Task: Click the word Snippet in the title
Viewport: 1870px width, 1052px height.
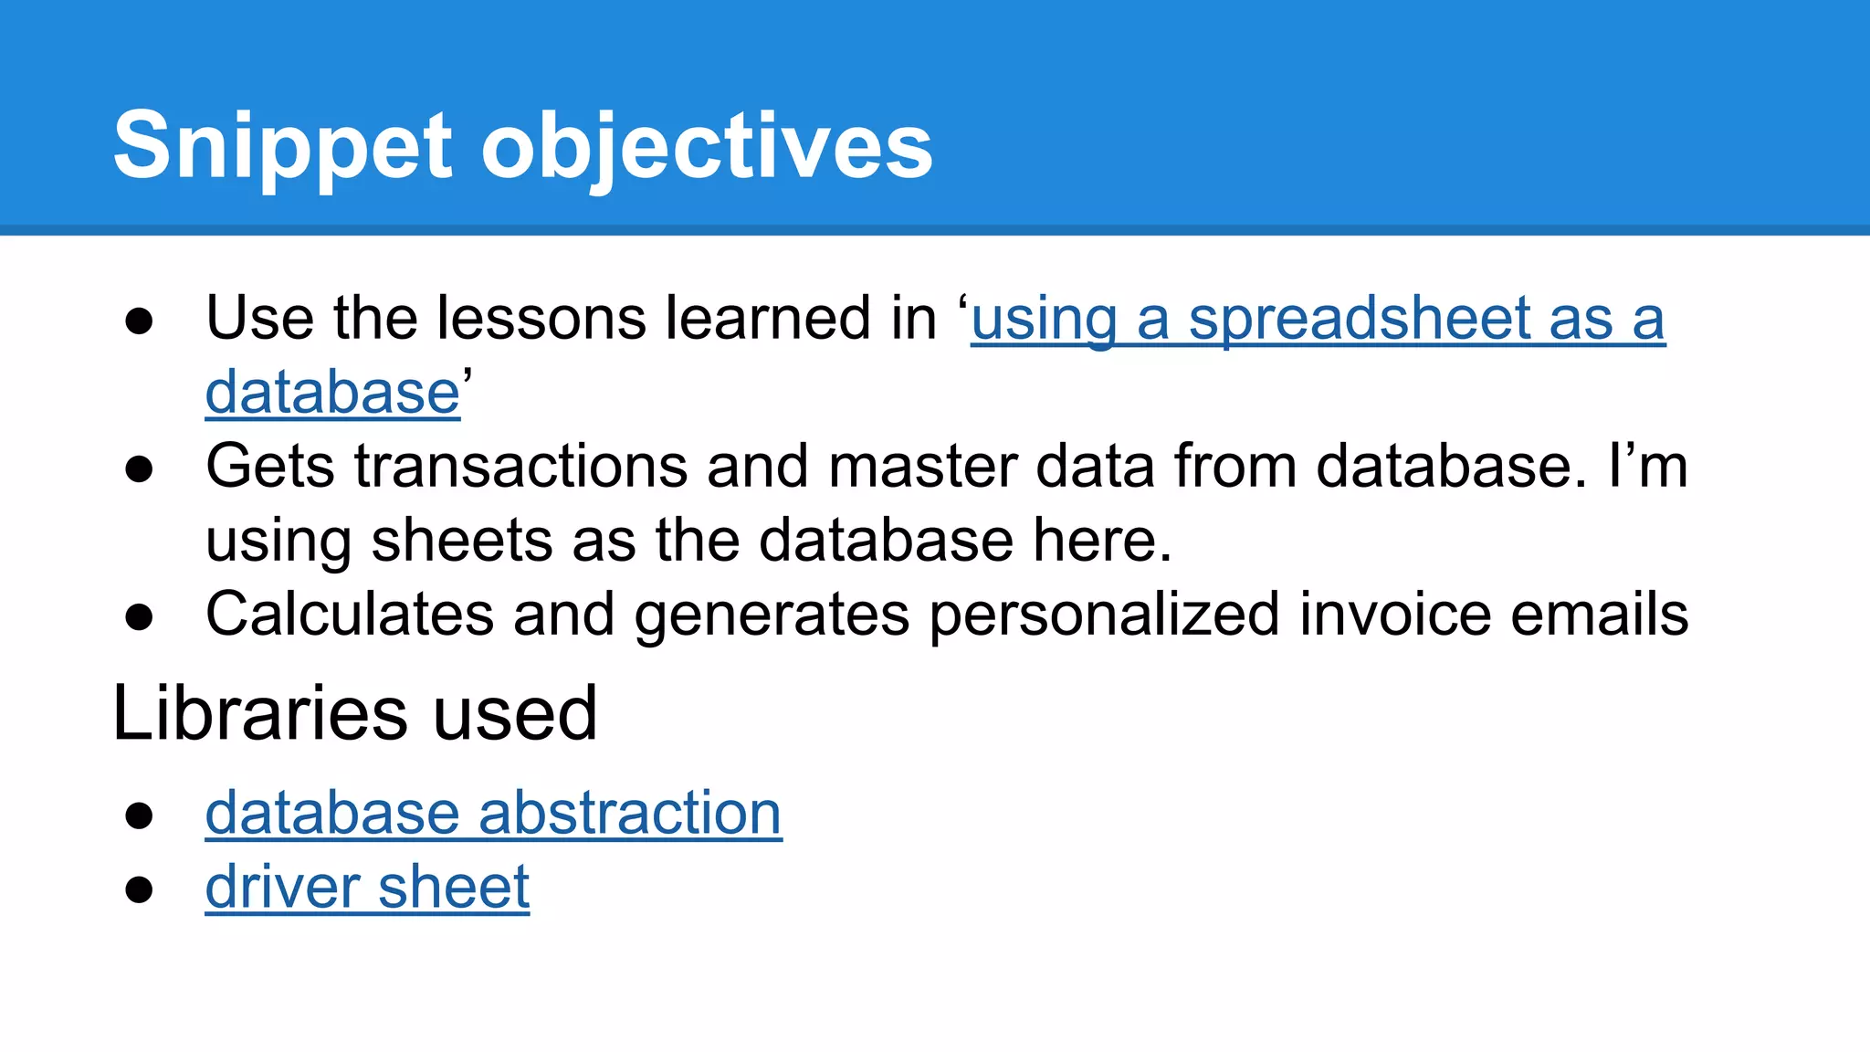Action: (282, 146)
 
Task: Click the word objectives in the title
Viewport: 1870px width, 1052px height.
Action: (707, 146)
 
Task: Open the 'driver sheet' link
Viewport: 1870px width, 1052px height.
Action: (367, 887)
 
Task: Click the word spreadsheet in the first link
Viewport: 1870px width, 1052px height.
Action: (1359, 319)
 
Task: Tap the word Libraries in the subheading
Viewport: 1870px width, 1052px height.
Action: (260, 713)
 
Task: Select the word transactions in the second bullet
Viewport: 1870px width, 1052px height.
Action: (520, 467)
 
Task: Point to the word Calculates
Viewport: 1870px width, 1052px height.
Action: (350, 614)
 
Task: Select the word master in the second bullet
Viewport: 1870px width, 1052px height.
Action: (922, 467)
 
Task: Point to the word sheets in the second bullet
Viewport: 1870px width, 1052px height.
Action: (462, 541)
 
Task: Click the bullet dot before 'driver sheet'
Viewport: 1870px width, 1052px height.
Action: (139, 889)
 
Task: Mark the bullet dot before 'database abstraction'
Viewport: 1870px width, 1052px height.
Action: (139, 815)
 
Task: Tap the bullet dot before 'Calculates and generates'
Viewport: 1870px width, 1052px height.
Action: (139, 615)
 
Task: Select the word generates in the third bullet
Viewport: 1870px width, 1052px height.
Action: (772, 614)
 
